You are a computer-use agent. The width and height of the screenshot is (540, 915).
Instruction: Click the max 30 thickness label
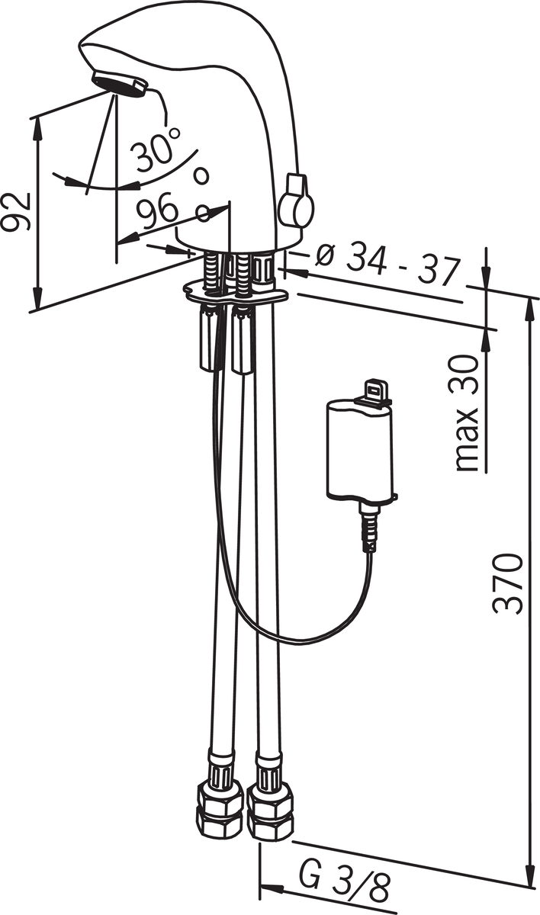click(467, 413)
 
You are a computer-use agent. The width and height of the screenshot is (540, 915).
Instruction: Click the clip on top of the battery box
click(373, 392)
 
